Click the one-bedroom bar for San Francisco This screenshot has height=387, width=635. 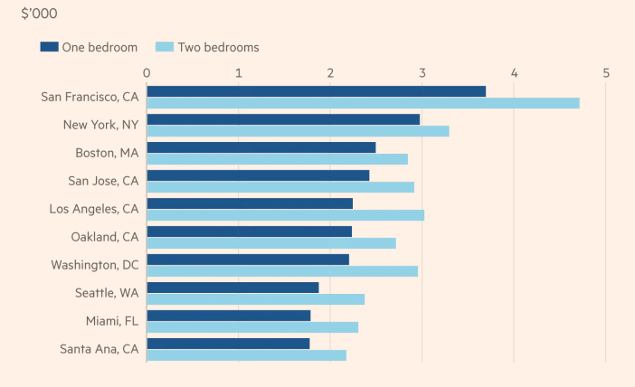[x=316, y=91]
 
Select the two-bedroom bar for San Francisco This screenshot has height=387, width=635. [x=363, y=103]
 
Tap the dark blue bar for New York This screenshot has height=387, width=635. [x=283, y=119]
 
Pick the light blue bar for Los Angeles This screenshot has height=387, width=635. [x=285, y=215]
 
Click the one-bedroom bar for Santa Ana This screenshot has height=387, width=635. [x=228, y=344]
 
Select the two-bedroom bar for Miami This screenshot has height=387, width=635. [x=252, y=327]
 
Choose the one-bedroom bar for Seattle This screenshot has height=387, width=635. [x=232, y=288]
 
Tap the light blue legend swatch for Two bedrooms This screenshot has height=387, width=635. [x=164, y=47]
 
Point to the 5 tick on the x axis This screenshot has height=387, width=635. [x=606, y=73]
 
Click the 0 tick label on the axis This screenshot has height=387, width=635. [x=147, y=73]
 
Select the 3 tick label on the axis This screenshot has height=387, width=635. [x=422, y=73]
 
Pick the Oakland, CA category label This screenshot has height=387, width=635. [x=104, y=237]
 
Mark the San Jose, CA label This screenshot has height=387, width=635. [x=103, y=181]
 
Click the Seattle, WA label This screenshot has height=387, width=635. [x=107, y=293]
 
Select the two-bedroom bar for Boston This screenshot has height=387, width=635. [x=277, y=159]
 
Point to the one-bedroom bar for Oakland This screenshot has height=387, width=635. [x=249, y=231]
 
